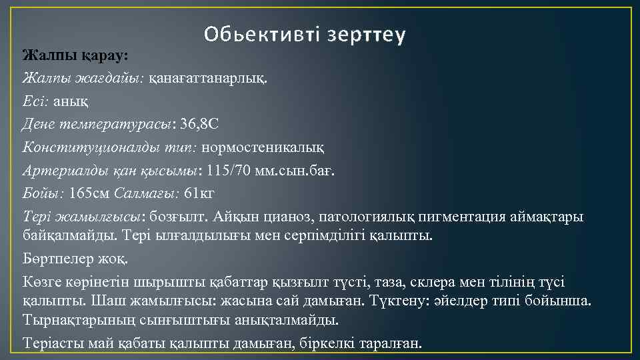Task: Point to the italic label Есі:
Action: (x=35, y=101)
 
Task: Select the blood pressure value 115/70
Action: (x=229, y=171)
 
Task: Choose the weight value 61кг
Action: (x=199, y=194)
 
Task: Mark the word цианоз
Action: (x=289, y=217)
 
